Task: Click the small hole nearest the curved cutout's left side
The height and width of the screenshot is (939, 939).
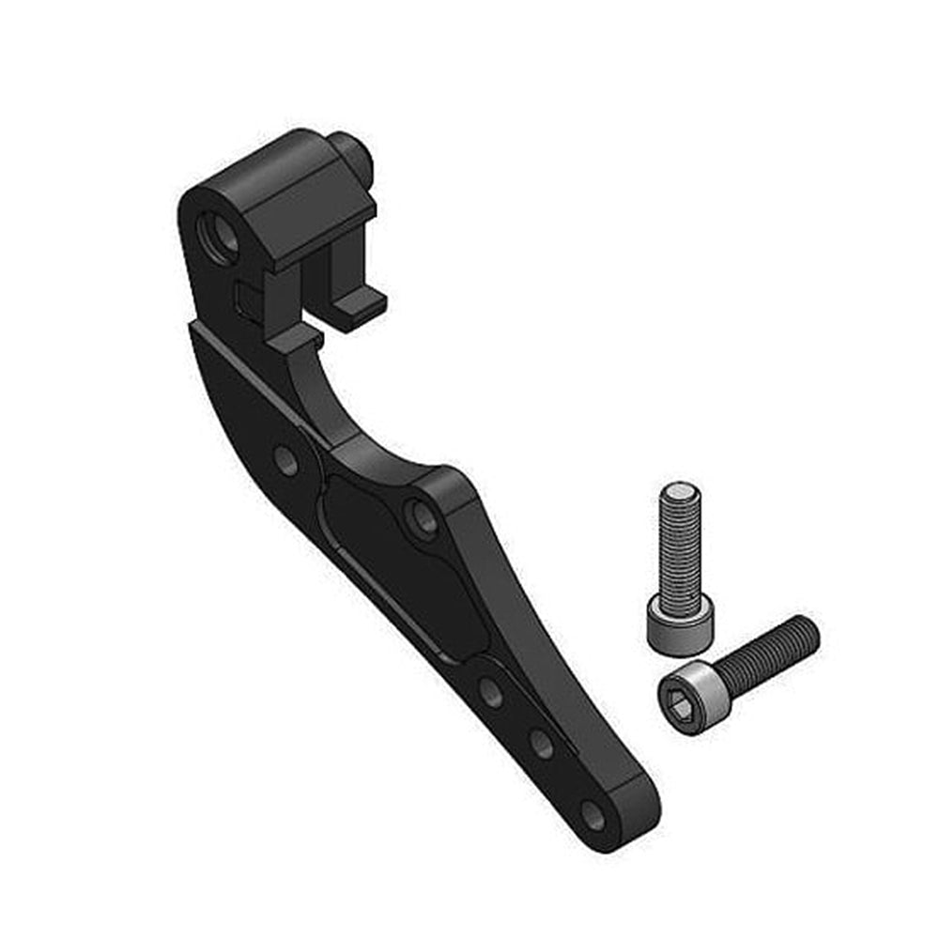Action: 286,459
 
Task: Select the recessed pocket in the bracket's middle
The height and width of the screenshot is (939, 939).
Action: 394,563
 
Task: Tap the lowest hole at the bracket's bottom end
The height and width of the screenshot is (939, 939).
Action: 593,815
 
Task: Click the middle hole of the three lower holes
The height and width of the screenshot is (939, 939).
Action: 542,744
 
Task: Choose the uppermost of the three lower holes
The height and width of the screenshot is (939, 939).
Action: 489,691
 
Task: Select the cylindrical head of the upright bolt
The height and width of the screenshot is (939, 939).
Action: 679,624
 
